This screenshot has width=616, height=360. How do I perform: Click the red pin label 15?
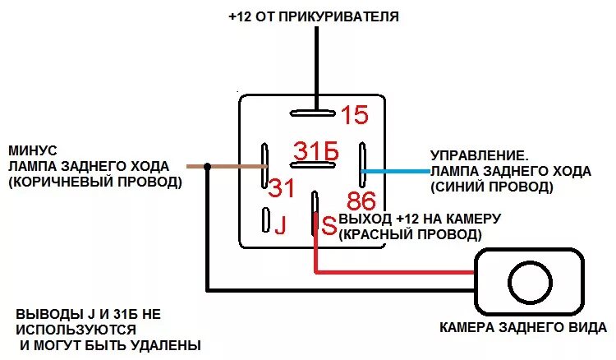pyautogui.click(x=355, y=115)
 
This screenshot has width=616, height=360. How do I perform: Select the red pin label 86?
pyautogui.click(x=361, y=201)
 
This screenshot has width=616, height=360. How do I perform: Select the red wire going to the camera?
pyautogui.click(x=394, y=270)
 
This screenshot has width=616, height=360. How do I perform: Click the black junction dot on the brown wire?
pyautogui.click(x=207, y=166)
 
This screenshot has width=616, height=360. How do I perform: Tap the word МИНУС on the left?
pyautogui.click(x=32, y=151)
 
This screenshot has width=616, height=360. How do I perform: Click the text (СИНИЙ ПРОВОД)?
pyautogui.click(x=492, y=187)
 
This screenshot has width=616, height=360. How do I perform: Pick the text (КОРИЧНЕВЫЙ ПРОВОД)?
pyautogui.click(x=94, y=182)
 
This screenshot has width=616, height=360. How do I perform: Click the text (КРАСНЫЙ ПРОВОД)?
pyautogui.click(x=410, y=234)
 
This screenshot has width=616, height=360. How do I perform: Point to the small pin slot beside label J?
pyautogui.click(x=265, y=219)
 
